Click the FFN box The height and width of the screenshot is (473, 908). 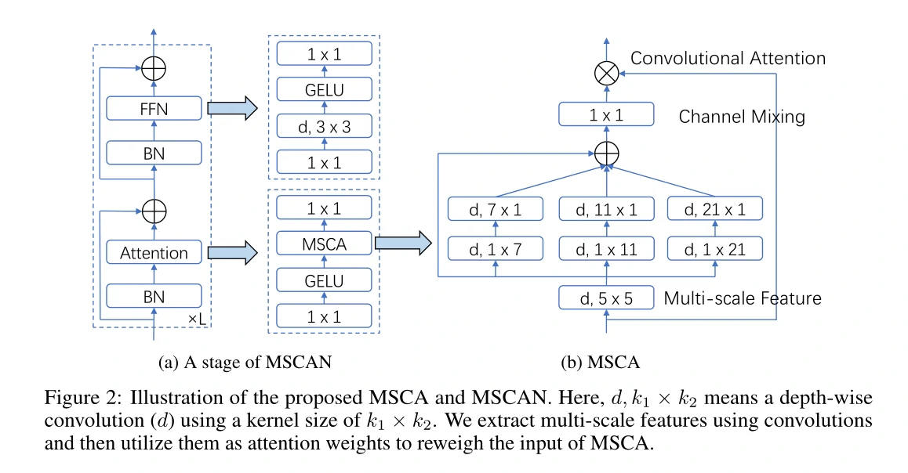(x=154, y=108)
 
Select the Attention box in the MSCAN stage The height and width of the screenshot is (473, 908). (x=154, y=253)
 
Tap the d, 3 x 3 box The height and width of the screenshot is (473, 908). (x=325, y=126)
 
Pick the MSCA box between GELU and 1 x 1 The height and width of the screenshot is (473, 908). (x=325, y=244)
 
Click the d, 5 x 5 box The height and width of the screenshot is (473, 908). (x=605, y=298)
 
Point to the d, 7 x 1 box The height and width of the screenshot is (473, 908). (x=495, y=209)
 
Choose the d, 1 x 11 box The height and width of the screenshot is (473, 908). (x=605, y=249)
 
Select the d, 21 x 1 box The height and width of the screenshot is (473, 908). (x=714, y=209)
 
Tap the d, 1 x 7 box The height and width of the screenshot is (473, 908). (x=495, y=249)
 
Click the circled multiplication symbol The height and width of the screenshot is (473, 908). (x=605, y=74)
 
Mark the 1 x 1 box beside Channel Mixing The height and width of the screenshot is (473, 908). (x=605, y=116)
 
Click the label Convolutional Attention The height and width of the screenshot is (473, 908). (x=728, y=59)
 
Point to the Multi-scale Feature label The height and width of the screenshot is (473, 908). (x=743, y=298)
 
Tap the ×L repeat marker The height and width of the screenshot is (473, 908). (x=198, y=320)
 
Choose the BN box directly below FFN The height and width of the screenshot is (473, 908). (x=154, y=153)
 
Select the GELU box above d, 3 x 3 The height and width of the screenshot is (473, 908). (x=325, y=90)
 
